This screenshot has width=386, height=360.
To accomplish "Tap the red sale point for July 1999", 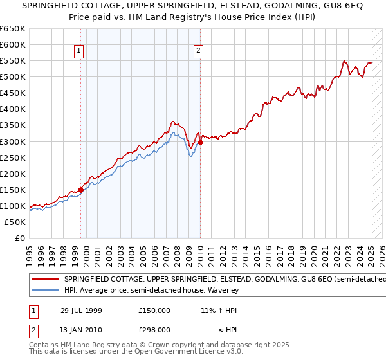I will point(81,190).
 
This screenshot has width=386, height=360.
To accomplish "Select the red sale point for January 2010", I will point(200,142).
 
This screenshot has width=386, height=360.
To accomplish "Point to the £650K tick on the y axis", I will point(13,29).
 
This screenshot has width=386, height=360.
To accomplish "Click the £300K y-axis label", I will point(13,141).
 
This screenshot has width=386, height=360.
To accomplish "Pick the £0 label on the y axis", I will point(21,238).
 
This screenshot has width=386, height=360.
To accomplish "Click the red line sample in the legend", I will point(46,280).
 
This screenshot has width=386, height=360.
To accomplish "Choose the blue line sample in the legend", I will point(46,291).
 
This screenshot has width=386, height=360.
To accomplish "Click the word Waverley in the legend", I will point(223,291).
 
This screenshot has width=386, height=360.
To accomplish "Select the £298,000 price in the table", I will point(154,329).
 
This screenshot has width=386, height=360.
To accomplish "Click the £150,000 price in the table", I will point(154,310).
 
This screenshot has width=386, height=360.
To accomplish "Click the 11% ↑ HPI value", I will point(218,310).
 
